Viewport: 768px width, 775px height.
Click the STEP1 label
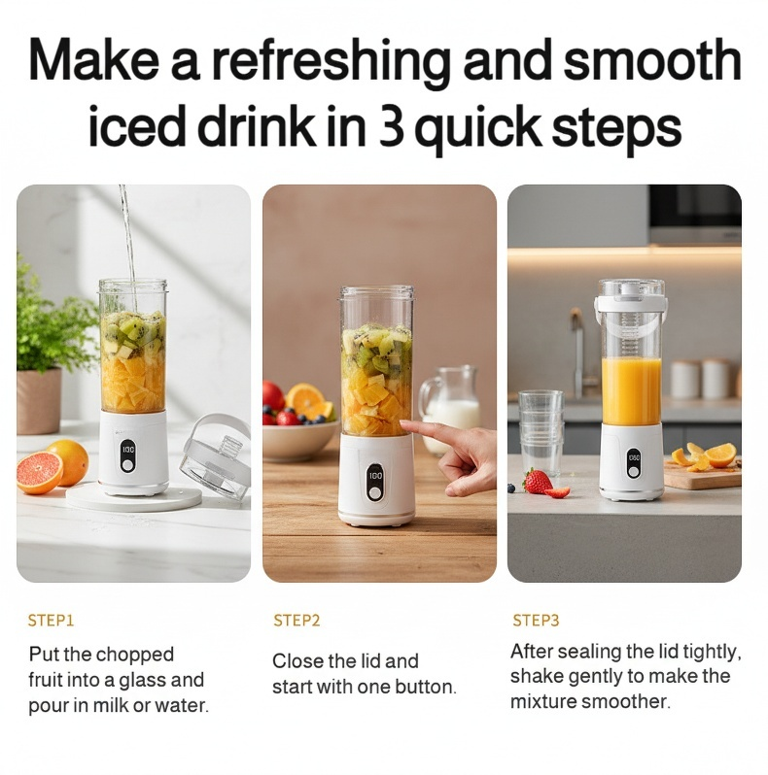(x=51, y=621)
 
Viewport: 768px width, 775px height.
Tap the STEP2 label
(x=297, y=621)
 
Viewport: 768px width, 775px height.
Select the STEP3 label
(x=536, y=621)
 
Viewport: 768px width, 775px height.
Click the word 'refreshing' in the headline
(x=331, y=62)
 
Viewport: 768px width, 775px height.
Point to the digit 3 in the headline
(x=391, y=126)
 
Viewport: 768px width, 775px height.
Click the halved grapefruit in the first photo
(x=40, y=473)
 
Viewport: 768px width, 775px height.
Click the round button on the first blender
(x=127, y=465)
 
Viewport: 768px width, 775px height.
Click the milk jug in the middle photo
(x=449, y=409)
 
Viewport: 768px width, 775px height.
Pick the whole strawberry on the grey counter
(x=538, y=482)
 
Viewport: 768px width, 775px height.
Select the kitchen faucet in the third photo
(x=579, y=352)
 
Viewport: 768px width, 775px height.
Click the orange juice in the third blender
(x=631, y=390)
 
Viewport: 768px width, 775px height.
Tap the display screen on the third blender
(x=634, y=458)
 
